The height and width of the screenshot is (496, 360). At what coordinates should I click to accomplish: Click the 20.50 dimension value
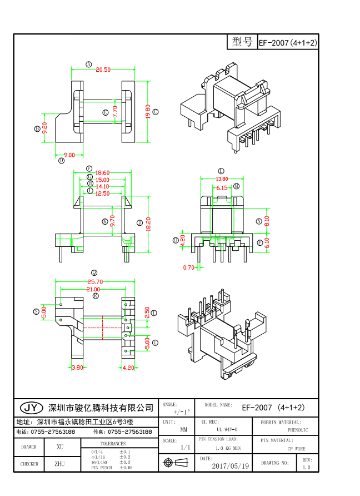tap(103, 70)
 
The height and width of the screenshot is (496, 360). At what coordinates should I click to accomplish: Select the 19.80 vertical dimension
tap(148, 112)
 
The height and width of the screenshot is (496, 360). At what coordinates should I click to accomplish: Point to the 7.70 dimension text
tap(115, 111)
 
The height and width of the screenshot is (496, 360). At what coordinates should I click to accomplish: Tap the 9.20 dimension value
tap(44, 128)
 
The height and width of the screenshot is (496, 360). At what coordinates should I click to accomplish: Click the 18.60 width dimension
tap(102, 173)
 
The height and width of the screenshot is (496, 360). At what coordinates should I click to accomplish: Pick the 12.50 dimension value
tap(102, 193)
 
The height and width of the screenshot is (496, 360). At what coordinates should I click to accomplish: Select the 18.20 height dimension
tap(148, 223)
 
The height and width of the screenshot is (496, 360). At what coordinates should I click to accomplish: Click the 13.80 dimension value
tap(222, 179)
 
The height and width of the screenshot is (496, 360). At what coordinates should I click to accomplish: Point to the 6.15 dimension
tap(222, 188)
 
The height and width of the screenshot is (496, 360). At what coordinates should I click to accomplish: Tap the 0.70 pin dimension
tap(189, 268)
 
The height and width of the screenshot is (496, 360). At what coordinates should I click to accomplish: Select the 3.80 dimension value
tap(77, 367)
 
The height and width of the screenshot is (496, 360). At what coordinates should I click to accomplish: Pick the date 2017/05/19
tap(231, 465)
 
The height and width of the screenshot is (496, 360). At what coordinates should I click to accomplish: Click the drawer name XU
tap(60, 447)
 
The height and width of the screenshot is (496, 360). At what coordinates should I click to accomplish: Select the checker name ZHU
tap(60, 463)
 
